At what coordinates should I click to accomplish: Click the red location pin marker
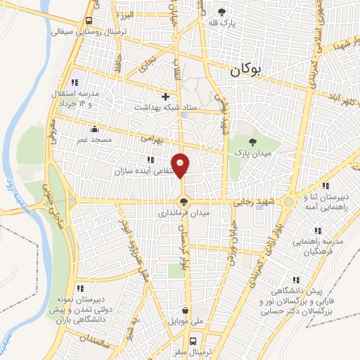tap(181, 165)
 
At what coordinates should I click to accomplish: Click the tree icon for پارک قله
tap(223, 12)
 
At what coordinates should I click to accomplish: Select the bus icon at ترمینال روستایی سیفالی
tap(88, 20)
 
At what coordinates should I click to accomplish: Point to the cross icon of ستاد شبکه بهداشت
tap(165, 96)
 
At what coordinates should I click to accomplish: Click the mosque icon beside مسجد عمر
tap(95, 128)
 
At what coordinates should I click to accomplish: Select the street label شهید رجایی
tap(257, 201)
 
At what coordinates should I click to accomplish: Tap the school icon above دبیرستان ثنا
tap(325, 186)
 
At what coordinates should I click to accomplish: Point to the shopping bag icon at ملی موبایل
tap(185, 310)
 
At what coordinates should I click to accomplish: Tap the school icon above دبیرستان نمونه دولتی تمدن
tap(81, 288)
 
